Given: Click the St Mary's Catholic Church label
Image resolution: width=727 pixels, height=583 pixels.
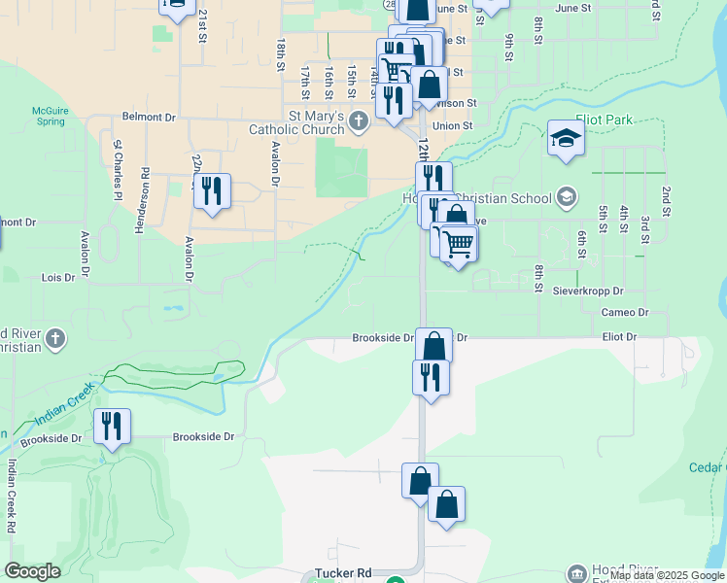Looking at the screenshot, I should pos(296,122).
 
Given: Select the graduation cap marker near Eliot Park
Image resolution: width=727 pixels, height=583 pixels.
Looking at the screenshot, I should pos(566,140).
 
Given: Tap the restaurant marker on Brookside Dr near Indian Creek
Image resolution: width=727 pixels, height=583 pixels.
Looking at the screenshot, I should pos(113,427).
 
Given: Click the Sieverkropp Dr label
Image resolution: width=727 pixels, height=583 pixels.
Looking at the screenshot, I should pos(588,291).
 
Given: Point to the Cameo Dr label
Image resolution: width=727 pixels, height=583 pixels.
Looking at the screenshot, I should pos(624,312).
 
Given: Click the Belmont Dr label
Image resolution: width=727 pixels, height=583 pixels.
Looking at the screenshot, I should pos(148,117).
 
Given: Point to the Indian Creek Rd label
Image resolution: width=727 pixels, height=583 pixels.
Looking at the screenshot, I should pos(11,496).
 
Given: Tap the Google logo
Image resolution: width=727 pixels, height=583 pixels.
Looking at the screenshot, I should pos(32,571).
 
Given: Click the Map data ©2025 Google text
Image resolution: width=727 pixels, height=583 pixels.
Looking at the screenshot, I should pos(667,576).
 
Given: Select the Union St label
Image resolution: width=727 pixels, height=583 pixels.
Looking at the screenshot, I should pos(452,125).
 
